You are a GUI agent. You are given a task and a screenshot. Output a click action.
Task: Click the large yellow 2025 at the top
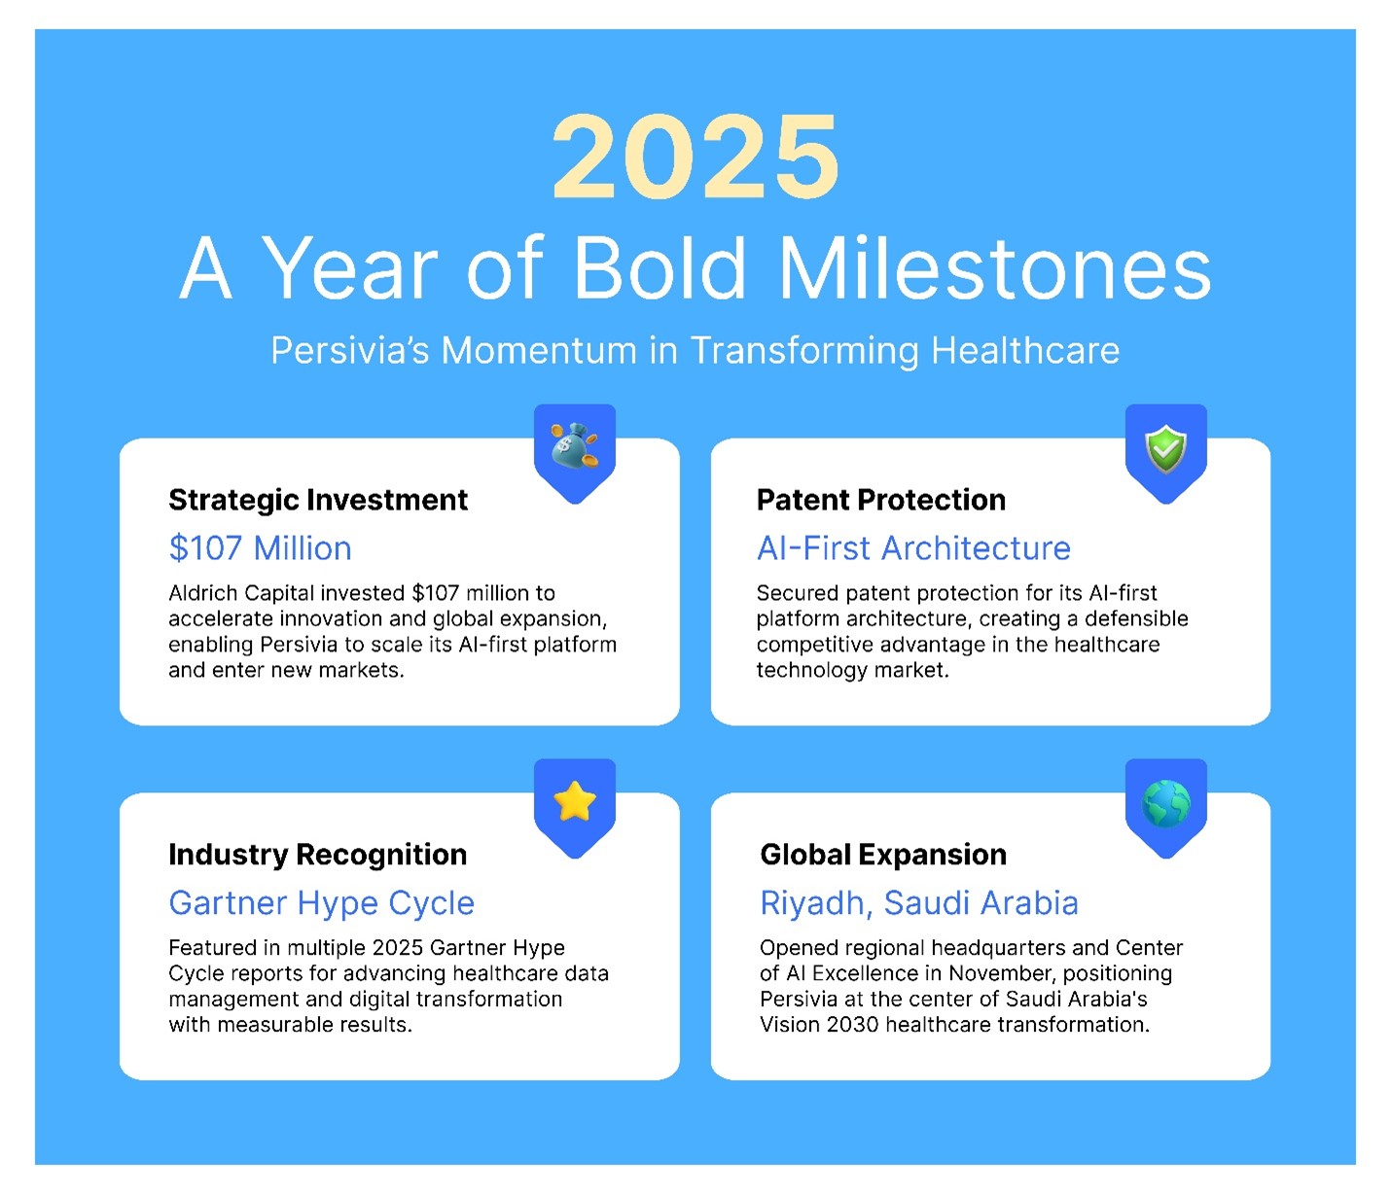pyautogui.click(x=695, y=158)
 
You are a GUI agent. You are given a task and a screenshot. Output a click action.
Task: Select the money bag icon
pyautogui.click(x=574, y=446)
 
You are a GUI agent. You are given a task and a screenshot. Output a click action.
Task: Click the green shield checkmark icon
pyautogui.click(x=1165, y=449)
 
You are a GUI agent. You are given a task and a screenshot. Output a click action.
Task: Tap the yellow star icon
pyautogui.click(x=574, y=802)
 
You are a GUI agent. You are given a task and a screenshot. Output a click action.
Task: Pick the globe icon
pyautogui.click(x=1165, y=804)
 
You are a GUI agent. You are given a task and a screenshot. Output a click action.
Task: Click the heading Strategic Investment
pyautogui.click(x=318, y=500)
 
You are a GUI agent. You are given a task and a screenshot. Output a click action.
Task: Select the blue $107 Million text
pyautogui.click(x=260, y=548)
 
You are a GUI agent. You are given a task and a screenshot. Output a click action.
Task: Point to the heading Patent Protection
pyautogui.click(x=880, y=500)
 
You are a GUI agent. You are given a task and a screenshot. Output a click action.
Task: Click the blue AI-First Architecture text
pyautogui.click(x=913, y=548)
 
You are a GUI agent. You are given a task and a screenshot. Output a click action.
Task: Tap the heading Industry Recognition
pyautogui.click(x=317, y=855)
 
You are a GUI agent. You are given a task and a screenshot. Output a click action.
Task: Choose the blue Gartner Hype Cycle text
pyautogui.click(x=321, y=903)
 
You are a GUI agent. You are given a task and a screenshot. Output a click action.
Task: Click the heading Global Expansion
pyautogui.click(x=883, y=855)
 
